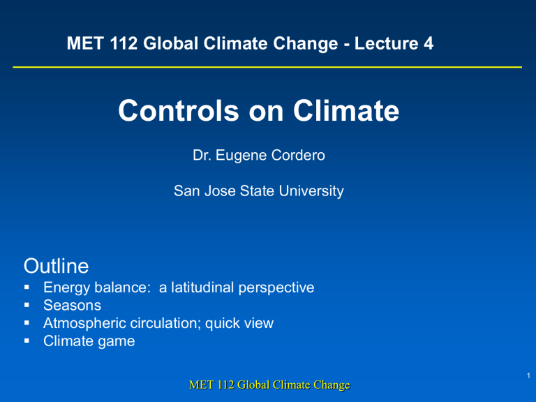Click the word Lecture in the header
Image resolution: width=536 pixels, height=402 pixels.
click(x=386, y=43)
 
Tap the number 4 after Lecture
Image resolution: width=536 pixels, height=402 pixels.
click(x=429, y=43)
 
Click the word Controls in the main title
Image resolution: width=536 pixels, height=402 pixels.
click(x=179, y=110)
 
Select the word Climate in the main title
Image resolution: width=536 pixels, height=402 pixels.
click(x=346, y=110)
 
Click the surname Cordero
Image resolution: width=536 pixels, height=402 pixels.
click(x=299, y=155)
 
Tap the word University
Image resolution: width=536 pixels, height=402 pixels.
click(x=311, y=191)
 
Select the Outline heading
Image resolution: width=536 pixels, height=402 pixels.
click(x=56, y=266)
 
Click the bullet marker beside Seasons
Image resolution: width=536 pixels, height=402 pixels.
click(x=27, y=305)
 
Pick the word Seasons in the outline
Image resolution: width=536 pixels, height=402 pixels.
click(x=72, y=305)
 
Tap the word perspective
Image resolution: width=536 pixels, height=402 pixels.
click(x=276, y=288)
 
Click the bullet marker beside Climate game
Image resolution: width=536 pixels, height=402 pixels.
click(x=27, y=341)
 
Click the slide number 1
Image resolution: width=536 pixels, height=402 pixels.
click(x=528, y=375)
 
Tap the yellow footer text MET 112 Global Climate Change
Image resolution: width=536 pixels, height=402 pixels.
click(x=269, y=385)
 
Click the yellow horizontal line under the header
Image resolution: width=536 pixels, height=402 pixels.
click(x=267, y=67)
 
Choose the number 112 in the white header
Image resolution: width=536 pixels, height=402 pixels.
click(x=124, y=43)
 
